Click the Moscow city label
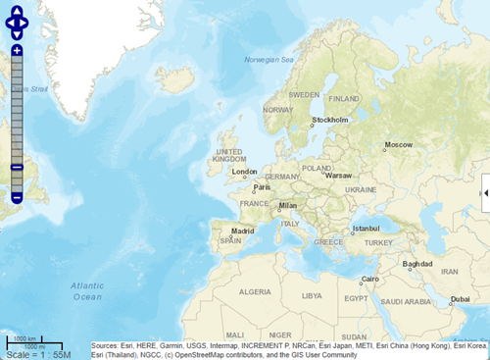coord(399,145)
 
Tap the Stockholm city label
coord(330,120)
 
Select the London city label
coord(244,171)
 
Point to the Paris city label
coord(262,186)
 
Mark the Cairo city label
coord(370,279)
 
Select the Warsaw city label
coord(338,176)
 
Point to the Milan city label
coord(287,206)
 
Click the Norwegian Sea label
coord(269,60)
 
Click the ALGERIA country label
coord(256,291)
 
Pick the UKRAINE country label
coord(361,189)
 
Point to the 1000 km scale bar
coord(24,339)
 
